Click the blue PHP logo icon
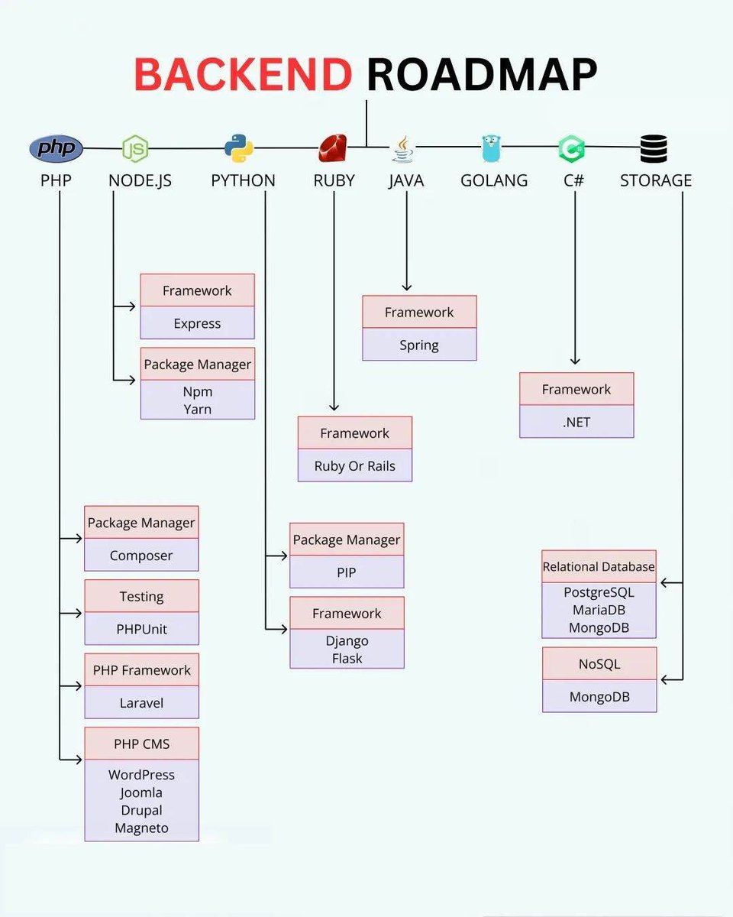pyautogui.click(x=56, y=148)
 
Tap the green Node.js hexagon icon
pyautogui.click(x=135, y=148)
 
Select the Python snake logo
pyautogui.click(x=239, y=148)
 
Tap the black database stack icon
pyautogui.click(x=654, y=148)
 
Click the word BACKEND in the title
pyautogui.click(x=243, y=74)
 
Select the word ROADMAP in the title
pyautogui.click(x=481, y=74)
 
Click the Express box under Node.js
pyautogui.click(x=197, y=323)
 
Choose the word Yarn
pyautogui.click(x=197, y=410)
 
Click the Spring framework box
pyautogui.click(x=419, y=345)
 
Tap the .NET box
pyautogui.click(x=576, y=422)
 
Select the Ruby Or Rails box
pyautogui.click(x=355, y=465)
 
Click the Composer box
pyautogui.click(x=141, y=556)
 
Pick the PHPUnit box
pyautogui.click(x=141, y=629)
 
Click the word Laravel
pyautogui.click(x=141, y=702)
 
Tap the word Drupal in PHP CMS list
pyautogui.click(x=141, y=810)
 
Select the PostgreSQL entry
pyautogui.click(x=599, y=592)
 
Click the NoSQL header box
pyautogui.click(x=599, y=663)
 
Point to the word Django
pyautogui.click(x=347, y=640)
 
